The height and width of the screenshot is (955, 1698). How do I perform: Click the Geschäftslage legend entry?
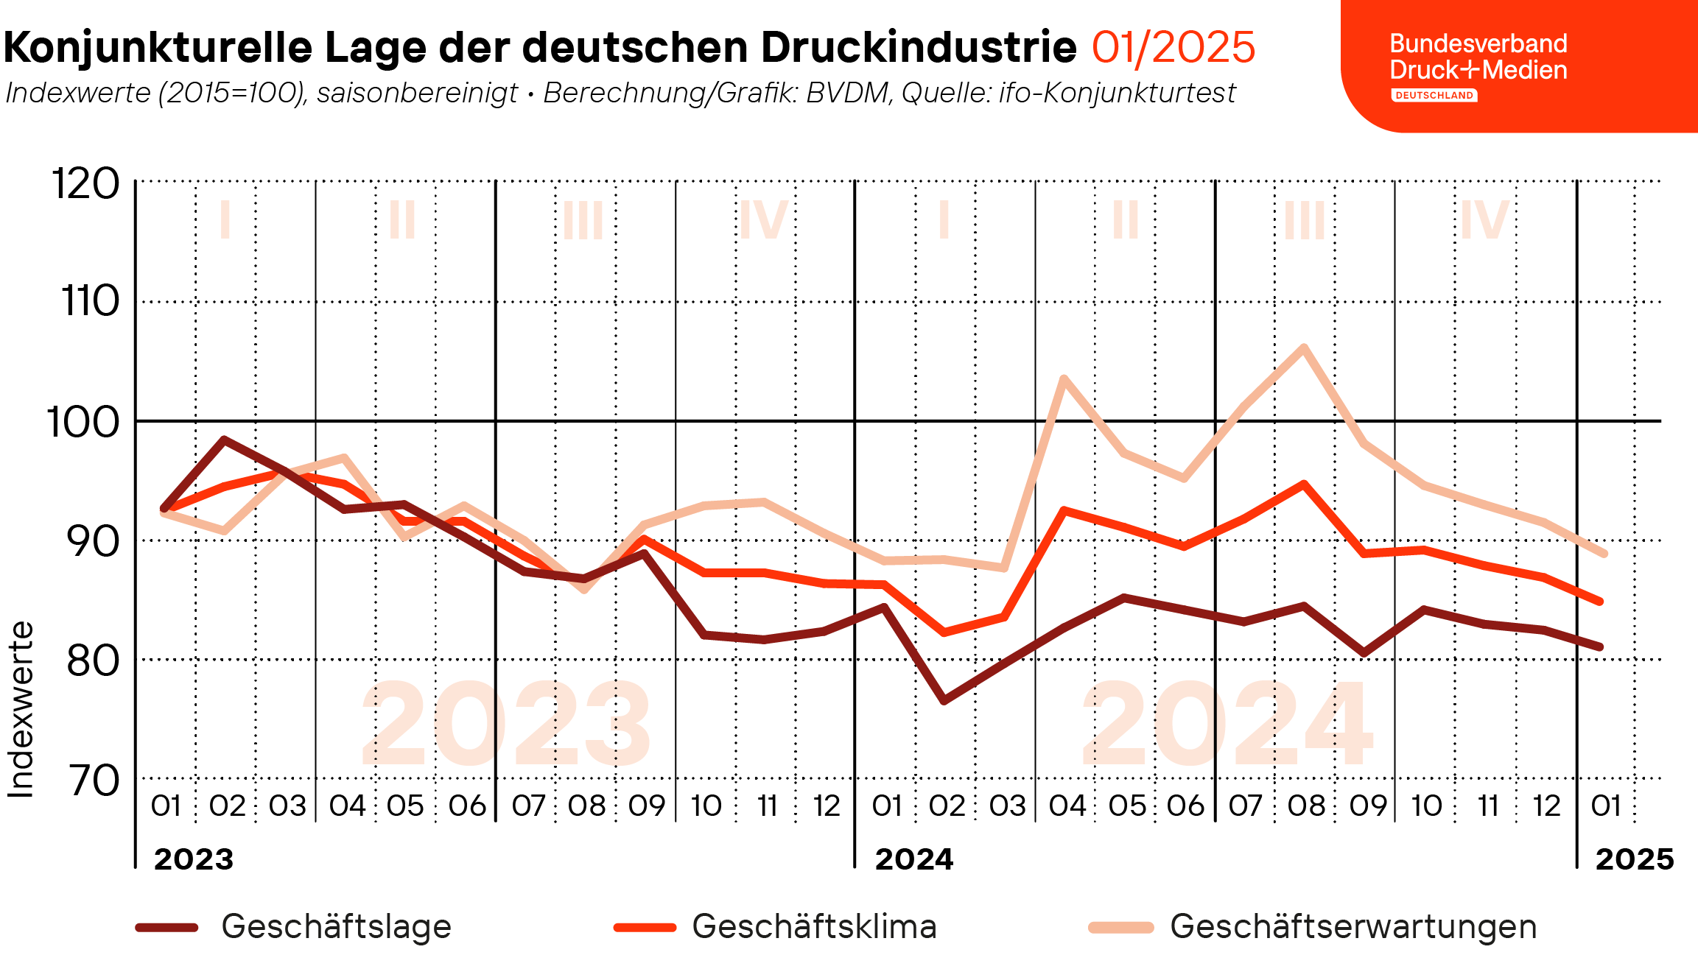tap(335, 926)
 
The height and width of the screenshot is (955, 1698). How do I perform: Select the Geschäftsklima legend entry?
tap(813, 926)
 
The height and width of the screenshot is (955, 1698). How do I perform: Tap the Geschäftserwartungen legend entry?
tap(1353, 926)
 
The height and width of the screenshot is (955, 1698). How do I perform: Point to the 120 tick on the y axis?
tap(85, 183)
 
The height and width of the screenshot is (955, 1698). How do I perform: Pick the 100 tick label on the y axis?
tap(83, 423)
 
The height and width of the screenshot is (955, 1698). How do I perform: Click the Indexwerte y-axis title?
tap(21, 710)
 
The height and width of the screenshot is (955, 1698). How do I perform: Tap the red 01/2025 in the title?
tap(1173, 48)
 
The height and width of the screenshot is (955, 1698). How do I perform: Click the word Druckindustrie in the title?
tap(919, 48)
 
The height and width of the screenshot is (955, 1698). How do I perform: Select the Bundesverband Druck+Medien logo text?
tap(1478, 57)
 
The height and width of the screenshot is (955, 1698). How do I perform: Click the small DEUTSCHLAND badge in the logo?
tap(1434, 96)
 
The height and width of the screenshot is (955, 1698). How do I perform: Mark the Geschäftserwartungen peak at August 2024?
tap(1304, 348)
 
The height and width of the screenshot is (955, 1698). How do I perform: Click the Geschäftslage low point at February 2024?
tap(944, 700)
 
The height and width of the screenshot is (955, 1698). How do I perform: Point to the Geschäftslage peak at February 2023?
tap(224, 440)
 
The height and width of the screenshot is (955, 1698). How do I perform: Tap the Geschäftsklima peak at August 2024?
tap(1304, 484)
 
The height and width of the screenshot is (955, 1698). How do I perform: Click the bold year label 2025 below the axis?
tap(1634, 859)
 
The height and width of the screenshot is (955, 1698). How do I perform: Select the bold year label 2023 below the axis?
tap(194, 859)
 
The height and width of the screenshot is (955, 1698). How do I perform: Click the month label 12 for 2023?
tap(827, 806)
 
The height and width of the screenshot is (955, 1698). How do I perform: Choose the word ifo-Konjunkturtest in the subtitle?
tap(1117, 94)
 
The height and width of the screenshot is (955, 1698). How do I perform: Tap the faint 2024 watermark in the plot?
tap(1227, 725)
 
